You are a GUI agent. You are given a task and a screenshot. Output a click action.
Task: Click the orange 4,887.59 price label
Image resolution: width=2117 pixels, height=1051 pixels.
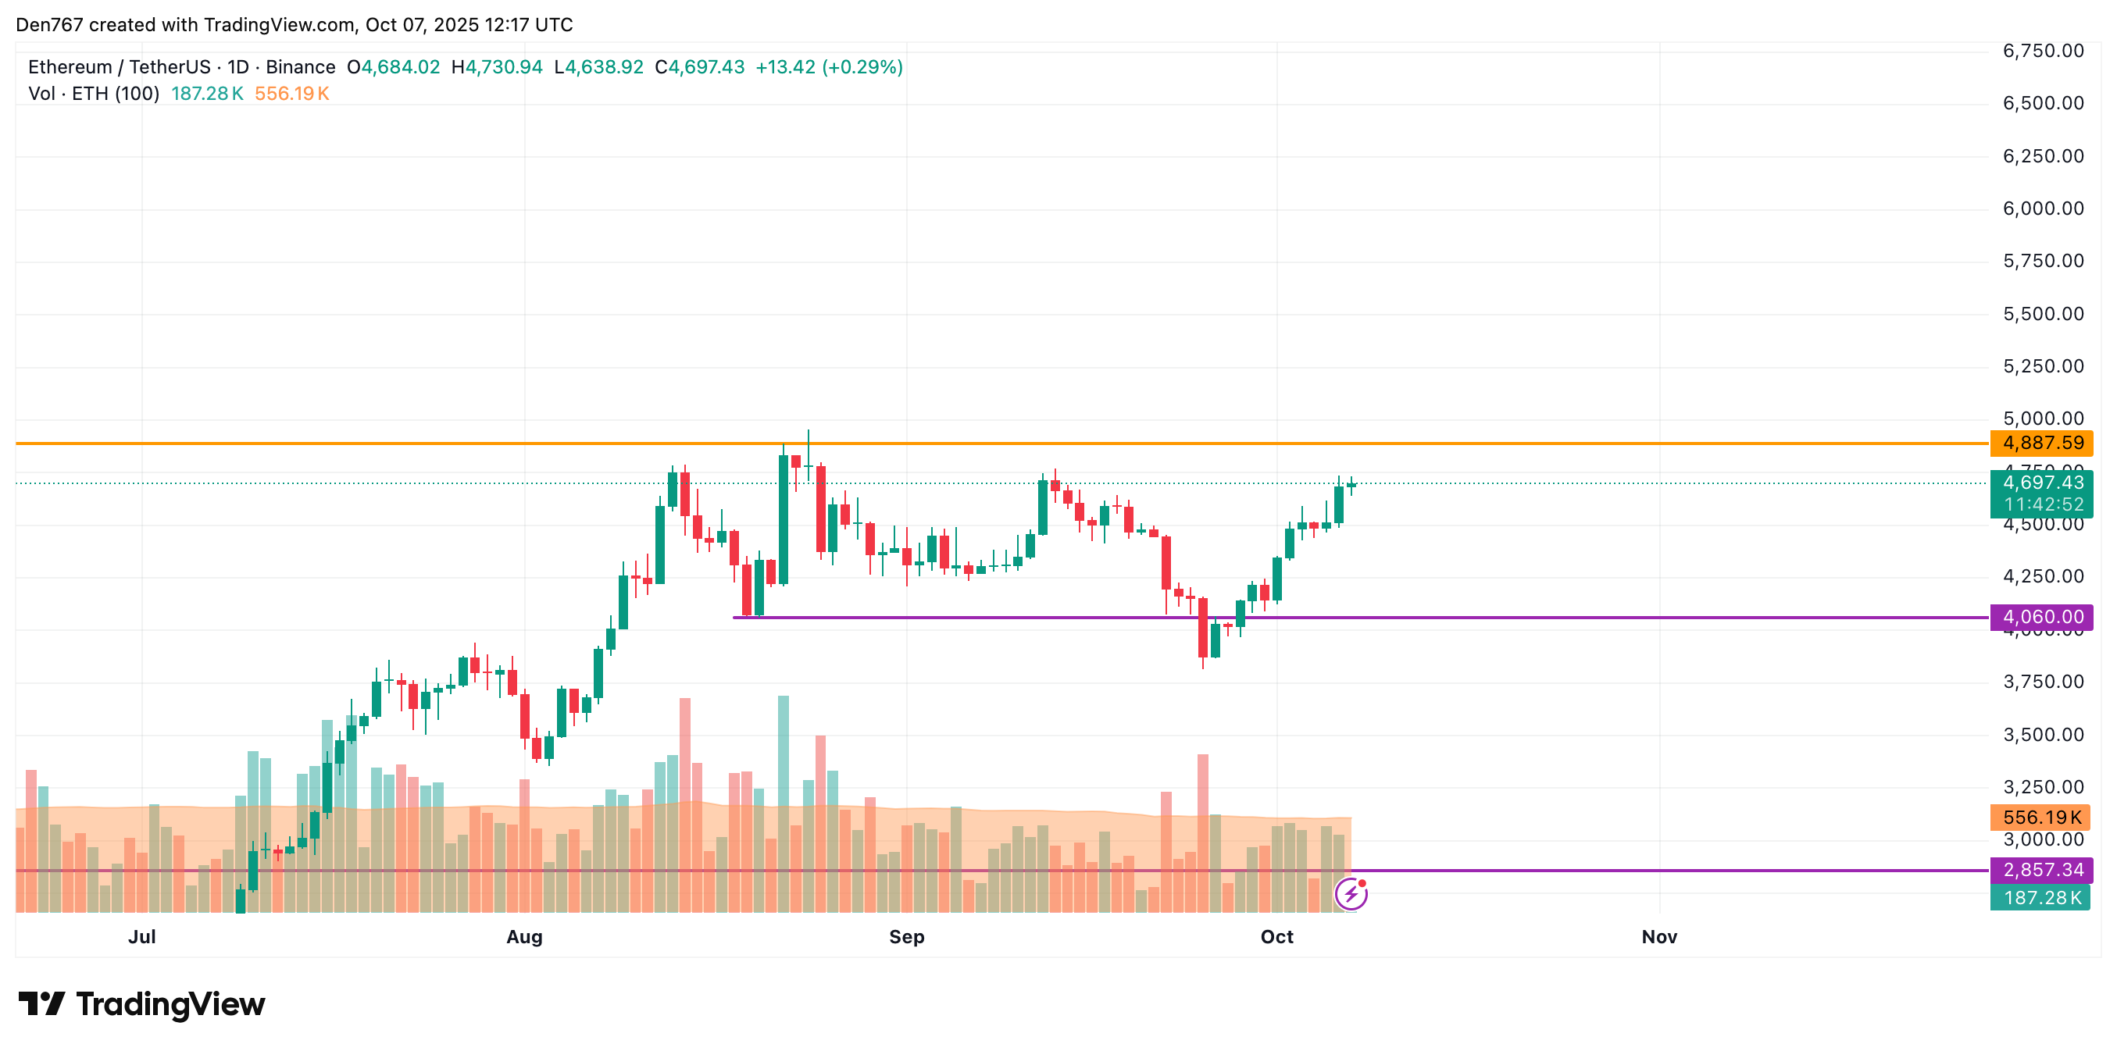(2041, 443)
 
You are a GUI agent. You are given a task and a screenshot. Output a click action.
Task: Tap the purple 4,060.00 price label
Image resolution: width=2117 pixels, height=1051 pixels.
(2041, 616)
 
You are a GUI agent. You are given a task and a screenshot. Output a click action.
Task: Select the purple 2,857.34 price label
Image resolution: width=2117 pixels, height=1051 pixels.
(2041, 869)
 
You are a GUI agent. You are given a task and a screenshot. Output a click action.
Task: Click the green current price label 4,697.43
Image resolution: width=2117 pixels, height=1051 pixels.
(2041, 483)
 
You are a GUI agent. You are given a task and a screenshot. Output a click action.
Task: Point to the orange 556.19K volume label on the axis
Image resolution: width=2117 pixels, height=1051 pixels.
(2041, 817)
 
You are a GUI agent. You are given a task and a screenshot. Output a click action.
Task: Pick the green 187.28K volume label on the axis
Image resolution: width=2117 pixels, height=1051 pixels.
(2041, 897)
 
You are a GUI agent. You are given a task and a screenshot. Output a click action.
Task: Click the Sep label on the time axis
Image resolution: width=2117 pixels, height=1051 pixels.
(906, 937)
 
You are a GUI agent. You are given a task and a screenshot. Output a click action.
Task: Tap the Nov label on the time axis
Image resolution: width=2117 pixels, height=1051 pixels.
(1658, 937)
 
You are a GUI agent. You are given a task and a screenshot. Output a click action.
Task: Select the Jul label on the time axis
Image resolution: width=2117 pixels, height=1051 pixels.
(141, 937)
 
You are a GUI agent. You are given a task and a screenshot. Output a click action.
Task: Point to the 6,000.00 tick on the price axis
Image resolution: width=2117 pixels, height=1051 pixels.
(2043, 208)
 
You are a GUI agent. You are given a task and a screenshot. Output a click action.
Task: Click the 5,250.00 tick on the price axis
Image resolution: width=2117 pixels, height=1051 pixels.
(2043, 366)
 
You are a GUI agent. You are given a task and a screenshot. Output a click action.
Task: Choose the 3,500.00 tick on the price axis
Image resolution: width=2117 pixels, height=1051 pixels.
(2043, 735)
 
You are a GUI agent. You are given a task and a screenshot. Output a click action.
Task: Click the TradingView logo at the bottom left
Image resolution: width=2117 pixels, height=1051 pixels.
(141, 1004)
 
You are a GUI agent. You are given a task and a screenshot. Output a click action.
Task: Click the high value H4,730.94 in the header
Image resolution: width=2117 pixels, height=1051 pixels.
(497, 67)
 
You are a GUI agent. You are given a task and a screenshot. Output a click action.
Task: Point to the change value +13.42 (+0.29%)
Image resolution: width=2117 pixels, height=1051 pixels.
(828, 67)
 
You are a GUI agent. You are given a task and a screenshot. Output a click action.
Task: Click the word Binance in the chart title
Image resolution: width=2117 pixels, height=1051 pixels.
(300, 67)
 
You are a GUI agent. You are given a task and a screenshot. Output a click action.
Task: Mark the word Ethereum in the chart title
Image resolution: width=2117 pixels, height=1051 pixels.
(70, 67)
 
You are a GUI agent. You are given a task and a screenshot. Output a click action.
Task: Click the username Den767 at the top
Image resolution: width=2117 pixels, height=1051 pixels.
(49, 25)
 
